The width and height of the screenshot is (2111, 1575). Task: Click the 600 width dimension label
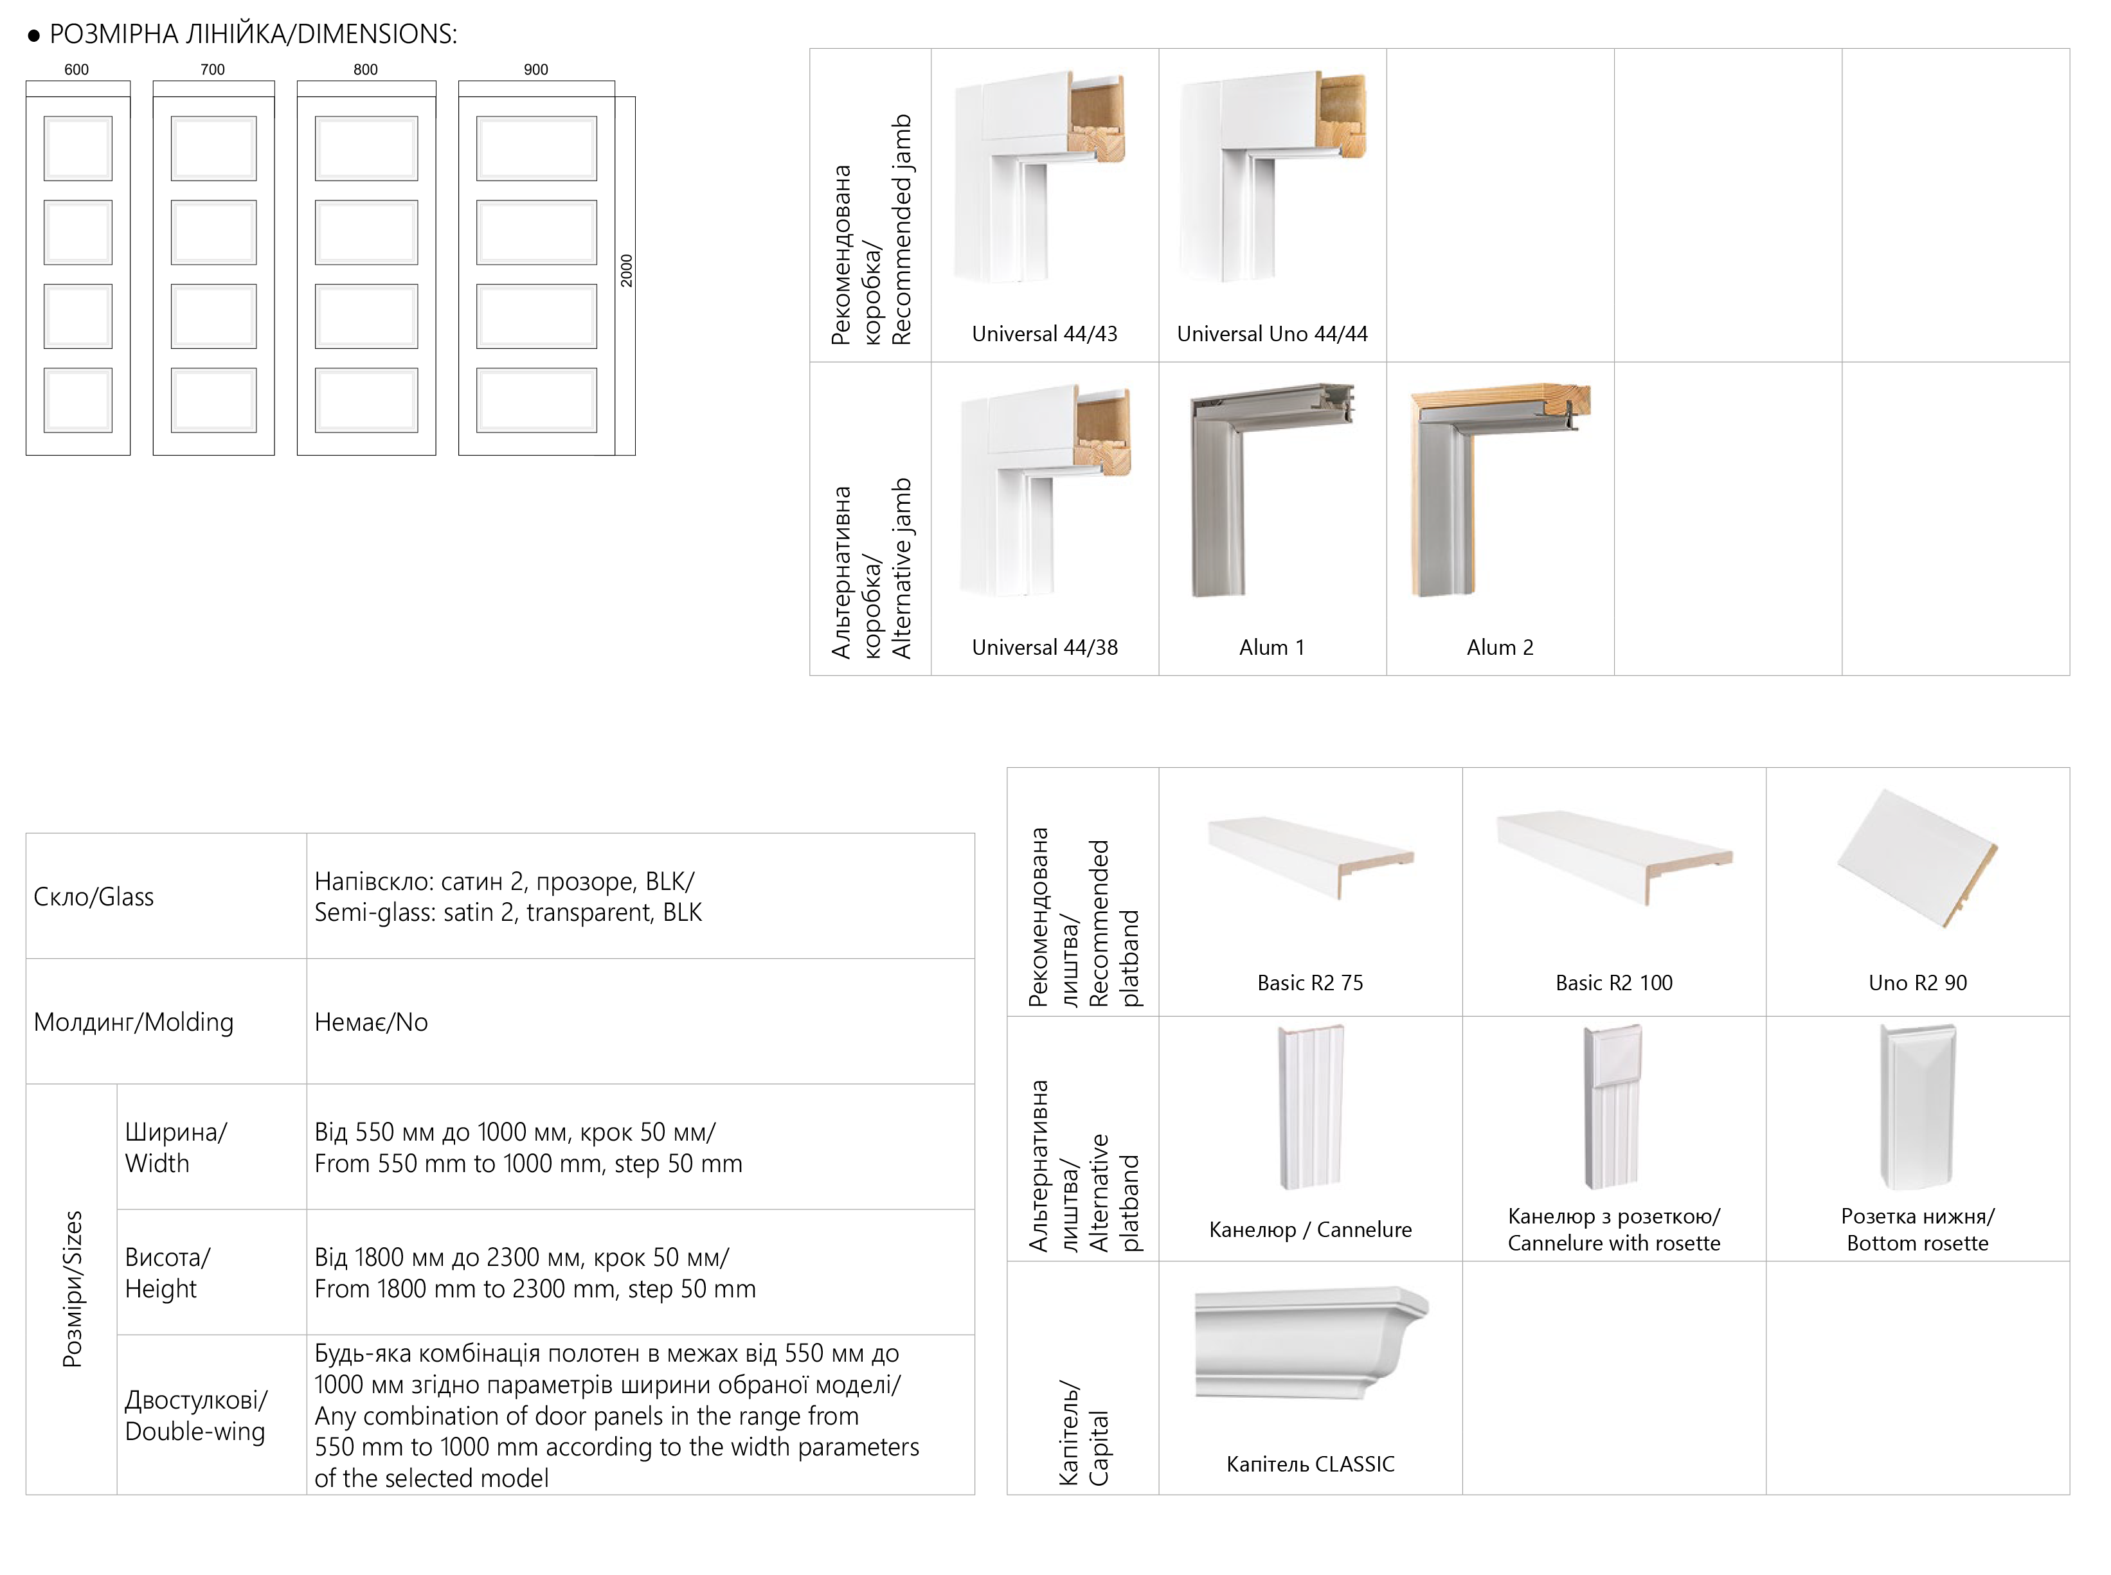76,69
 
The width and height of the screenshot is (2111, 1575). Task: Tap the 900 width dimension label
536,69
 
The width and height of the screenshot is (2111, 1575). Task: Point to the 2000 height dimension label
627,271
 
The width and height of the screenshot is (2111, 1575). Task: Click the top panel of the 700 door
213,148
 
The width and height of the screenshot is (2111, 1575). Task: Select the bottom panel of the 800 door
366,400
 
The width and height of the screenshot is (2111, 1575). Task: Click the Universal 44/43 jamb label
1044,334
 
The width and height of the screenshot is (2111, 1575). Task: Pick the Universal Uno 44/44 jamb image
1273,176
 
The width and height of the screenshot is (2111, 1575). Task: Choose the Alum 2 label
1500,647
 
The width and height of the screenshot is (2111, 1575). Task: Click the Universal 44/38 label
1044,647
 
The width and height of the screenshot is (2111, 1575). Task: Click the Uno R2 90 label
1918,983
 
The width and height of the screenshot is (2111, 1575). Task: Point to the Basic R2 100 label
1613,983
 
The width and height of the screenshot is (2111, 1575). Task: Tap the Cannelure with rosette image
1612,1106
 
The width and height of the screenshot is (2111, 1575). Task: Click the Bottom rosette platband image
1918,1106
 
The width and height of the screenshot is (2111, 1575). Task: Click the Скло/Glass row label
93,897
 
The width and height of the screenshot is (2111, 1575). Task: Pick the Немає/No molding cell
371,1022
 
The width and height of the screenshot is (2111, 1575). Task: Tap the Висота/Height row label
167,1273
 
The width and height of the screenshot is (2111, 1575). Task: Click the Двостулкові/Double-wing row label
195,1415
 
